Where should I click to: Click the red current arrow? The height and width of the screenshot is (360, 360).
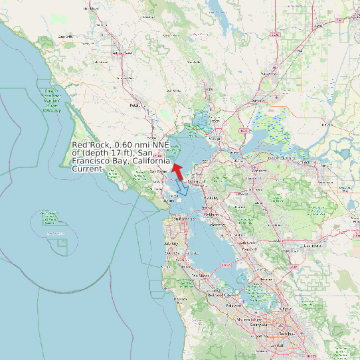pyautogui.click(x=177, y=169)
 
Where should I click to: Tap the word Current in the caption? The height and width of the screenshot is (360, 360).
pyautogui.click(x=86, y=169)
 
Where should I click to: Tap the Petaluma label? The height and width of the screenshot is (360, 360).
pyautogui.click(x=137, y=105)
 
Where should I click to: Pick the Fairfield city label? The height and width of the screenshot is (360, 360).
pyautogui.click(x=258, y=101)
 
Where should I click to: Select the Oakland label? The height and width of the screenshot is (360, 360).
pyautogui.click(x=211, y=215)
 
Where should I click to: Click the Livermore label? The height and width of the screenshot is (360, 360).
pyautogui.click(x=312, y=246)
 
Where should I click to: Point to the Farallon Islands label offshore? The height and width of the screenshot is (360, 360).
pyautogui.click(x=55, y=234)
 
